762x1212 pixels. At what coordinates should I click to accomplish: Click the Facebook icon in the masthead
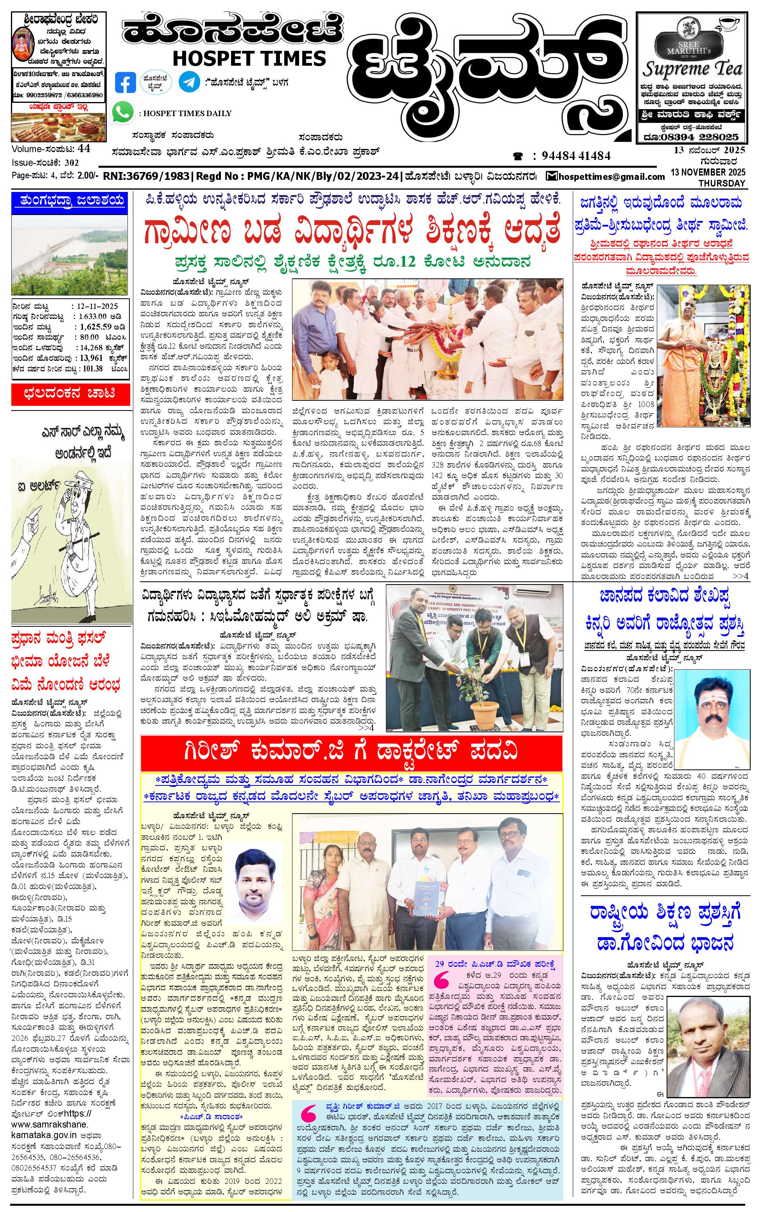pos(126,82)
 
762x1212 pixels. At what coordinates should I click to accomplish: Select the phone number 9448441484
pos(576,156)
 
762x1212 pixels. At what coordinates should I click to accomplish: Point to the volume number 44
pos(84,149)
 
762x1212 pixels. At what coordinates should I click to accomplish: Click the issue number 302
pos(72,163)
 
